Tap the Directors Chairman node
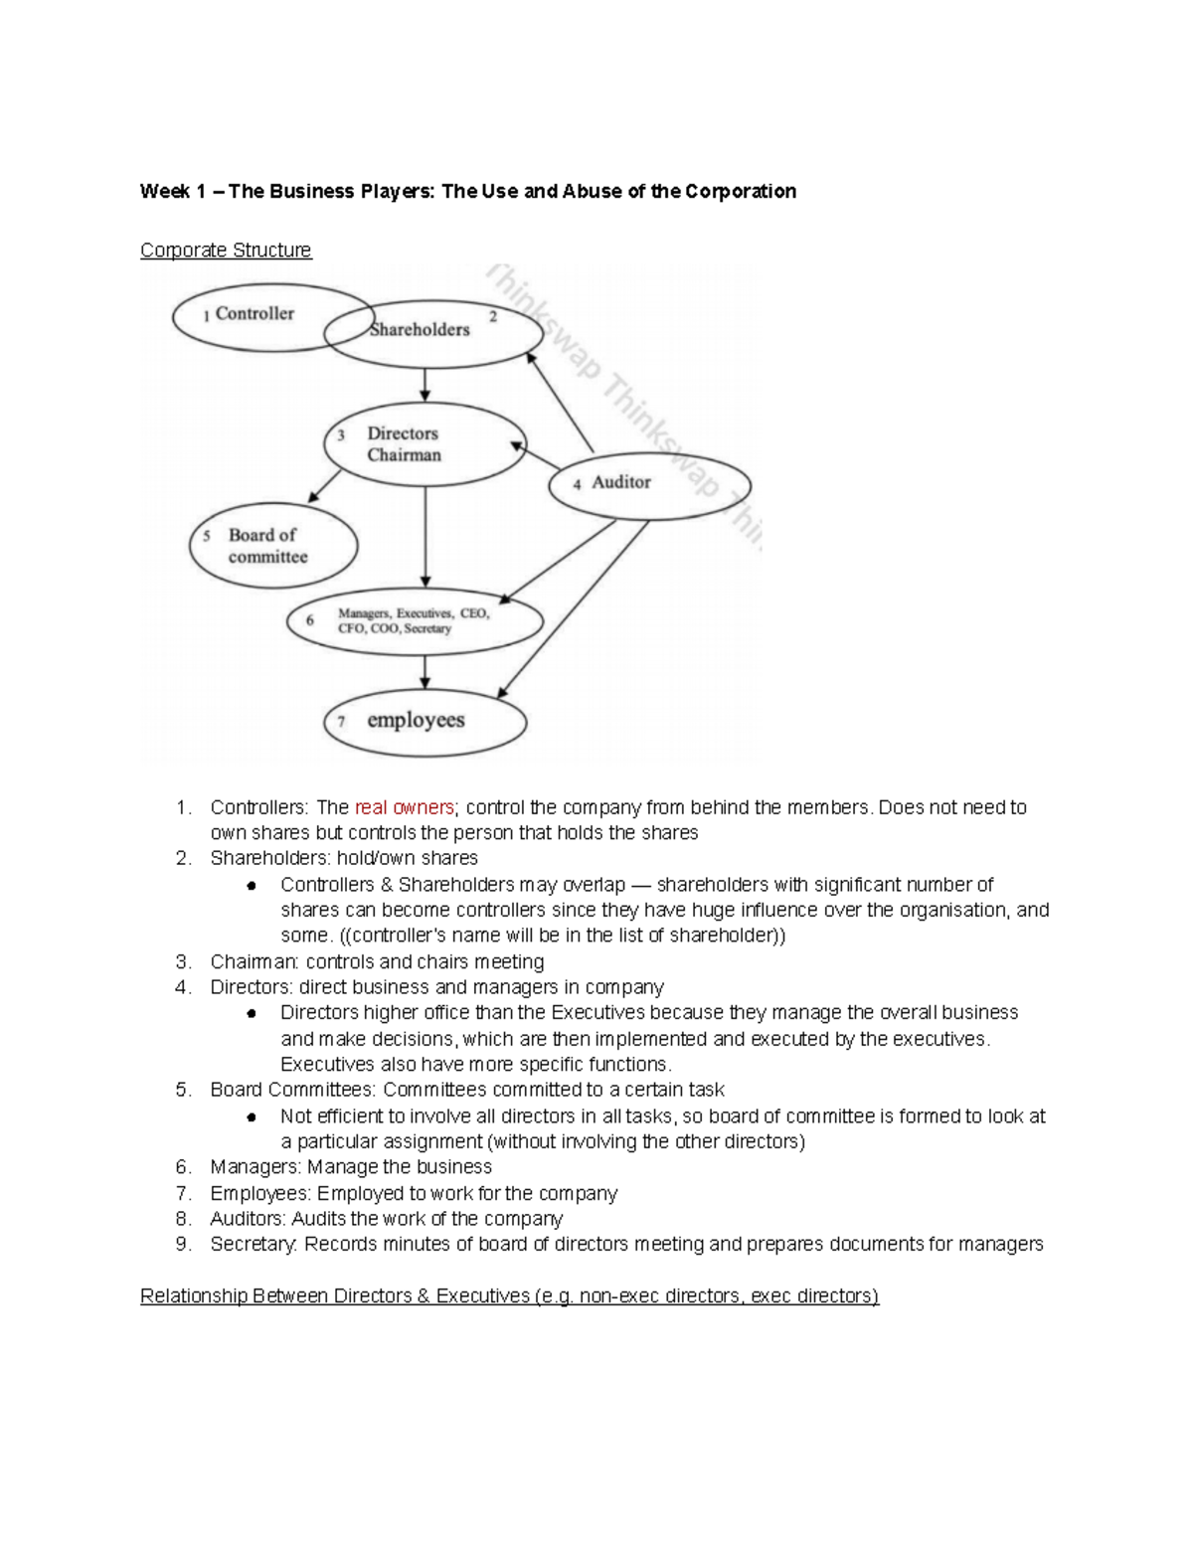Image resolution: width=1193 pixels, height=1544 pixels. [425, 444]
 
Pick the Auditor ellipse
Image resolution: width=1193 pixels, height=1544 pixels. [649, 485]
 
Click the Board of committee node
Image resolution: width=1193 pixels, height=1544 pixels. [273, 546]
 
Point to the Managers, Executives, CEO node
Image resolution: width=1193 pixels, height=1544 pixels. [415, 622]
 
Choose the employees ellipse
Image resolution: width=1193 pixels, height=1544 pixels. [425, 722]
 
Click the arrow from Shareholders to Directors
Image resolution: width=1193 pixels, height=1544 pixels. [426, 385]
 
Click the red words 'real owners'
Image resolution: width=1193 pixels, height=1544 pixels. [404, 807]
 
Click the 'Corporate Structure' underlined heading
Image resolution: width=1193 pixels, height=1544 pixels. [226, 251]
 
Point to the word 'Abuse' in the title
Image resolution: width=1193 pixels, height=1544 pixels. [592, 191]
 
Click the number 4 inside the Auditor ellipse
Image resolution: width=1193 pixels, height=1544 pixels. [577, 485]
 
